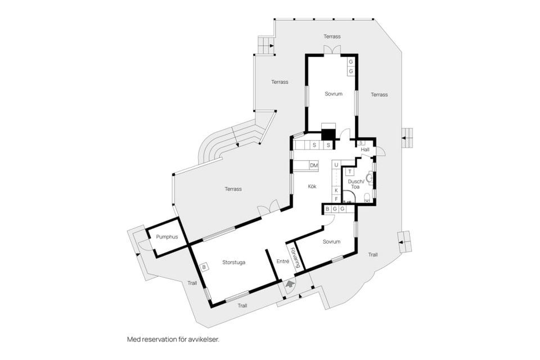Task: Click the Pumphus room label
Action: [167, 237]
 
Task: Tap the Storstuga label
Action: [234, 263]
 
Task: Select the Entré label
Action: [283, 262]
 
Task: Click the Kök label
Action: [312, 186]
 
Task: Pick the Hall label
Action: [365, 150]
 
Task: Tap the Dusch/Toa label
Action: [355, 184]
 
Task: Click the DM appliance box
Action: [314, 166]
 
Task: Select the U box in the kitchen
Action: [336, 165]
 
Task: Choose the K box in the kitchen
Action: [336, 190]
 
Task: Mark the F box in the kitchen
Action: [336, 199]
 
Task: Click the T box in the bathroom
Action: [350, 172]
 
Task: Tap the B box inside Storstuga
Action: [204, 267]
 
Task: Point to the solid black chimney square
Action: [328, 134]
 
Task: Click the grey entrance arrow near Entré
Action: [290, 284]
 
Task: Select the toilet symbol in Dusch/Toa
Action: [367, 197]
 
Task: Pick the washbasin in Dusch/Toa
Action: [370, 178]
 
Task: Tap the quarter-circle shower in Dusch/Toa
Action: [349, 196]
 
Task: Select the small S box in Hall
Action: [361, 143]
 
